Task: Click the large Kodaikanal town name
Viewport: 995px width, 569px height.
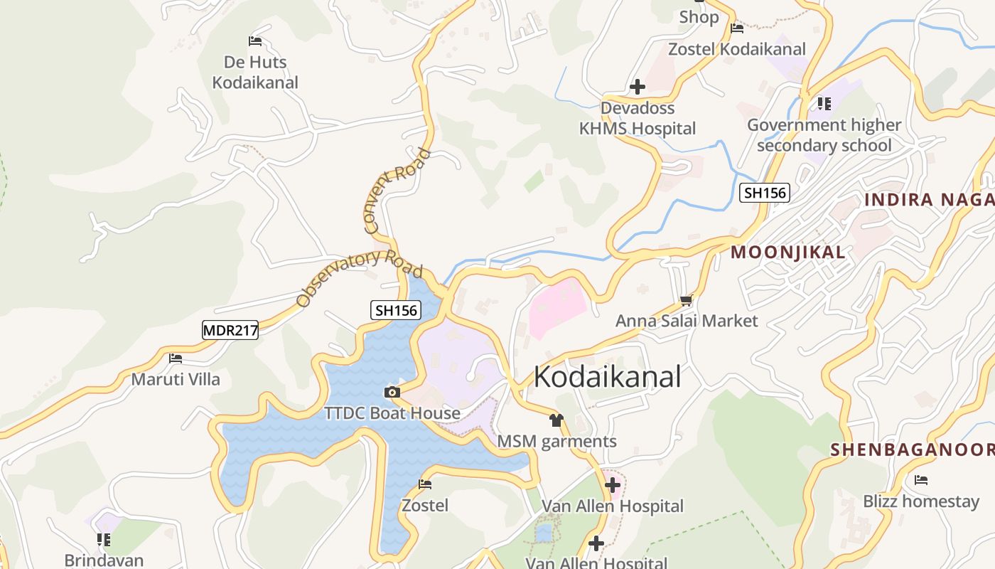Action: pyautogui.click(x=607, y=377)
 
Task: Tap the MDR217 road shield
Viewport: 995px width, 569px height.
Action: pyautogui.click(x=230, y=330)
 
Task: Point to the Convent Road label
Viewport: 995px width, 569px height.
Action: pyautogui.click(x=397, y=191)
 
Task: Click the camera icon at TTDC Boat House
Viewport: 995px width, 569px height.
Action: pyautogui.click(x=392, y=392)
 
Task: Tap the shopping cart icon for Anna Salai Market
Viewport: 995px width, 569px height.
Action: pyautogui.click(x=686, y=301)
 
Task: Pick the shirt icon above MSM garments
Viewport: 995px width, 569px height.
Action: pyautogui.click(x=556, y=420)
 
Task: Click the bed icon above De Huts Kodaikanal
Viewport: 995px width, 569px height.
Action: pyautogui.click(x=255, y=41)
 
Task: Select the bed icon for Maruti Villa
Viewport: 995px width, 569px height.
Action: pyautogui.click(x=176, y=358)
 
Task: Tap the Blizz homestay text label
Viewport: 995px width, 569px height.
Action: pyautogui.click(x=921, y=501)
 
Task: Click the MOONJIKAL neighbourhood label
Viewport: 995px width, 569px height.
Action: pyautogui.click(x=788, y=252)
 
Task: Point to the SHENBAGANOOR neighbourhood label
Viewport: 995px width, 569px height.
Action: pyautogui.click(x=913, y=450)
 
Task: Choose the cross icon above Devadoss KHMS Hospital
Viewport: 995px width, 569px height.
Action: pyautogui.click(x=638, y=87)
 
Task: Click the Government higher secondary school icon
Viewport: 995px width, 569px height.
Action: pyautogui.click(x=824, y=104)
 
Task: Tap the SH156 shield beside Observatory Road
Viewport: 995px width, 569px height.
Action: pyautogui.click(x=396, y=310)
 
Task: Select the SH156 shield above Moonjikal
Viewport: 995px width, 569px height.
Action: pyautogui.click(x=765, y=193)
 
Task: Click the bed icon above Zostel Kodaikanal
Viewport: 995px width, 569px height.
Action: pyautogui.click(x=737, y=28)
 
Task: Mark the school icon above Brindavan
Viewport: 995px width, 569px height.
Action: pyautogui.click(x=104, y=539)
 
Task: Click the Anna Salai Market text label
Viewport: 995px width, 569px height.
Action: pyautogui.click(x=687, y=321)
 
